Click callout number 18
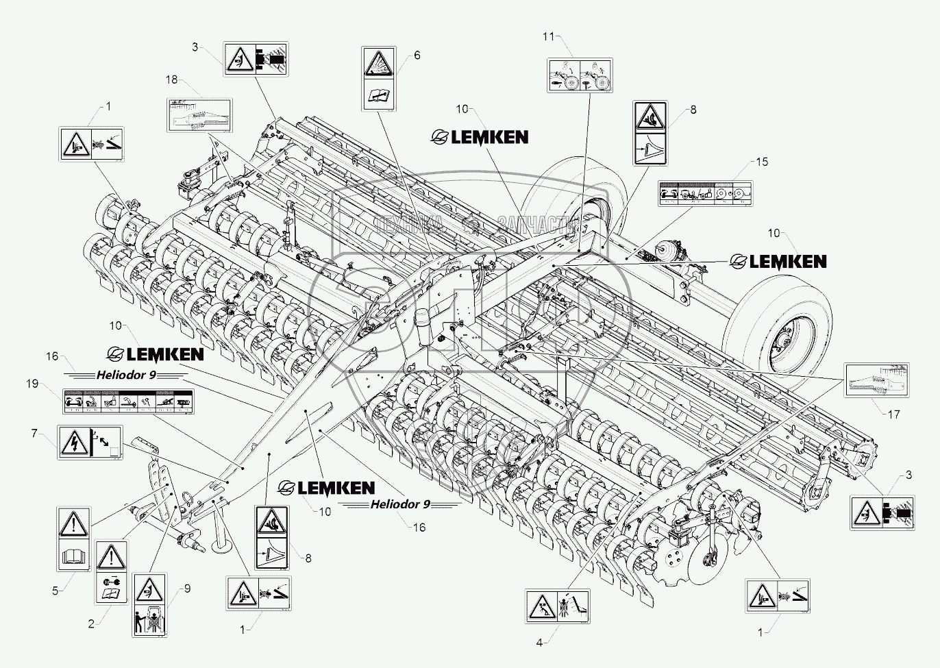point(171,80)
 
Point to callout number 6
point(417,55)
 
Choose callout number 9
point(187,587)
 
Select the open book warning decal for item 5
point(73,539)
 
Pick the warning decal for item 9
point(149,606)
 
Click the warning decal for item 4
point(557,607)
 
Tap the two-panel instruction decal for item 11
point(579,75)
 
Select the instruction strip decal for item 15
point(705,193)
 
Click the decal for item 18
point(199,114)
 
